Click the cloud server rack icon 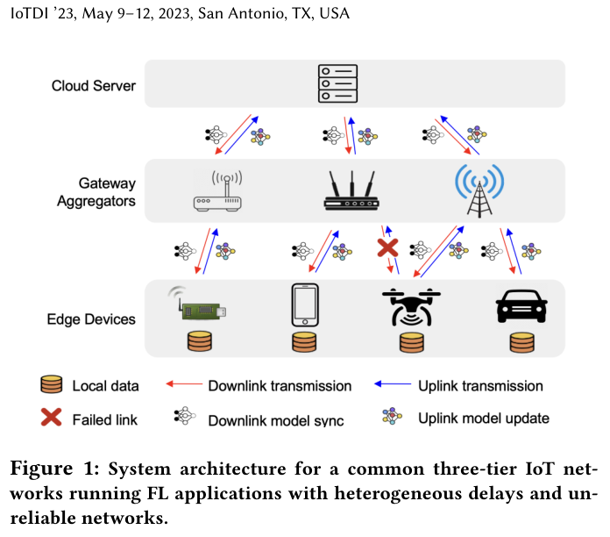(337, 83)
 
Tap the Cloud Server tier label (94, 86)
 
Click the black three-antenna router (351, 190)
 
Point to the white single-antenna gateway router (217, 190)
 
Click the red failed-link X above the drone (387, 247)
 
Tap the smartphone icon (305, 304)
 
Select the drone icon (411, 307)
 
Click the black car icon (521, 306)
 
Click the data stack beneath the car (522, 342)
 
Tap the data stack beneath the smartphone (304, 342)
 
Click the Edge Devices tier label (91, 319)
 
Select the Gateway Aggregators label (96, 192)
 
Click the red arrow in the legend (184, 384)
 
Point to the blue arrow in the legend (393, 384)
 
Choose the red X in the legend (52, 417)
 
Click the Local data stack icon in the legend (52, 384)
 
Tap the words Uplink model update (484, 419)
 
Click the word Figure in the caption (41, 468)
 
